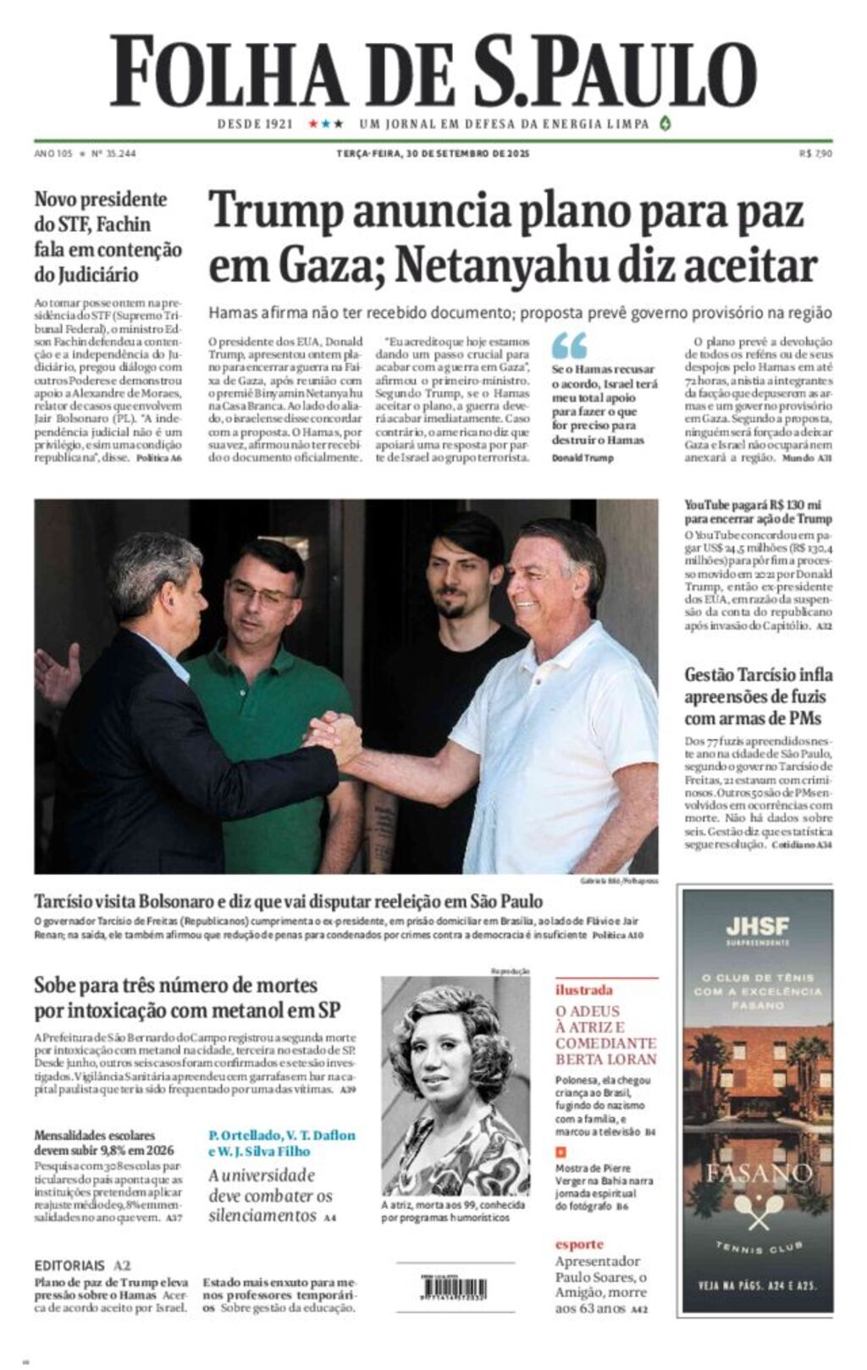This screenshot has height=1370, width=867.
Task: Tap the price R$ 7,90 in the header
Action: (x=815, y=154)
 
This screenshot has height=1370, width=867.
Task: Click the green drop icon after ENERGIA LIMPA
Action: (x=665, y=124)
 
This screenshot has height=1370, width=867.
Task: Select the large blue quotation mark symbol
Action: (x=569, y=345)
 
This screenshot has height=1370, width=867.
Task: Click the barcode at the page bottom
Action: (x=454, y=1287)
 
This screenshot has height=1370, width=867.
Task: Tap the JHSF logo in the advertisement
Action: (x=757, y=926)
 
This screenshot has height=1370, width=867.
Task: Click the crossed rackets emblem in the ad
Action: (x=758, y=1211)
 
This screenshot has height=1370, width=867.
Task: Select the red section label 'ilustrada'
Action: (x=583, y=989)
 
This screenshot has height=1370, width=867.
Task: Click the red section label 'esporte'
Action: (x=579, y=1244)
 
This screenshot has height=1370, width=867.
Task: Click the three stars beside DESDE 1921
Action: (x=325, y=124)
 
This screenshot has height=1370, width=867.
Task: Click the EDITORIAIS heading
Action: (x=69, y=1266)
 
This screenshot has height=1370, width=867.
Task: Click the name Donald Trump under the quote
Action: (x=583, y=458)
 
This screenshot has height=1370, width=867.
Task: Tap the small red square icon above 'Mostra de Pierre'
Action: (x=560, y=1152)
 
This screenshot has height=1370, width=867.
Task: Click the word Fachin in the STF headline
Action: (x=123, y=225)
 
